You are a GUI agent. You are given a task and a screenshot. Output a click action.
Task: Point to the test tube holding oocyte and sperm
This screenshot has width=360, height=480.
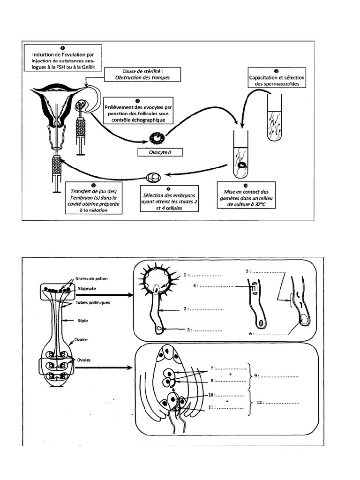241,157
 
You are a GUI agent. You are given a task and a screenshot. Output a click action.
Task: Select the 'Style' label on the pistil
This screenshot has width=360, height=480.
82,321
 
